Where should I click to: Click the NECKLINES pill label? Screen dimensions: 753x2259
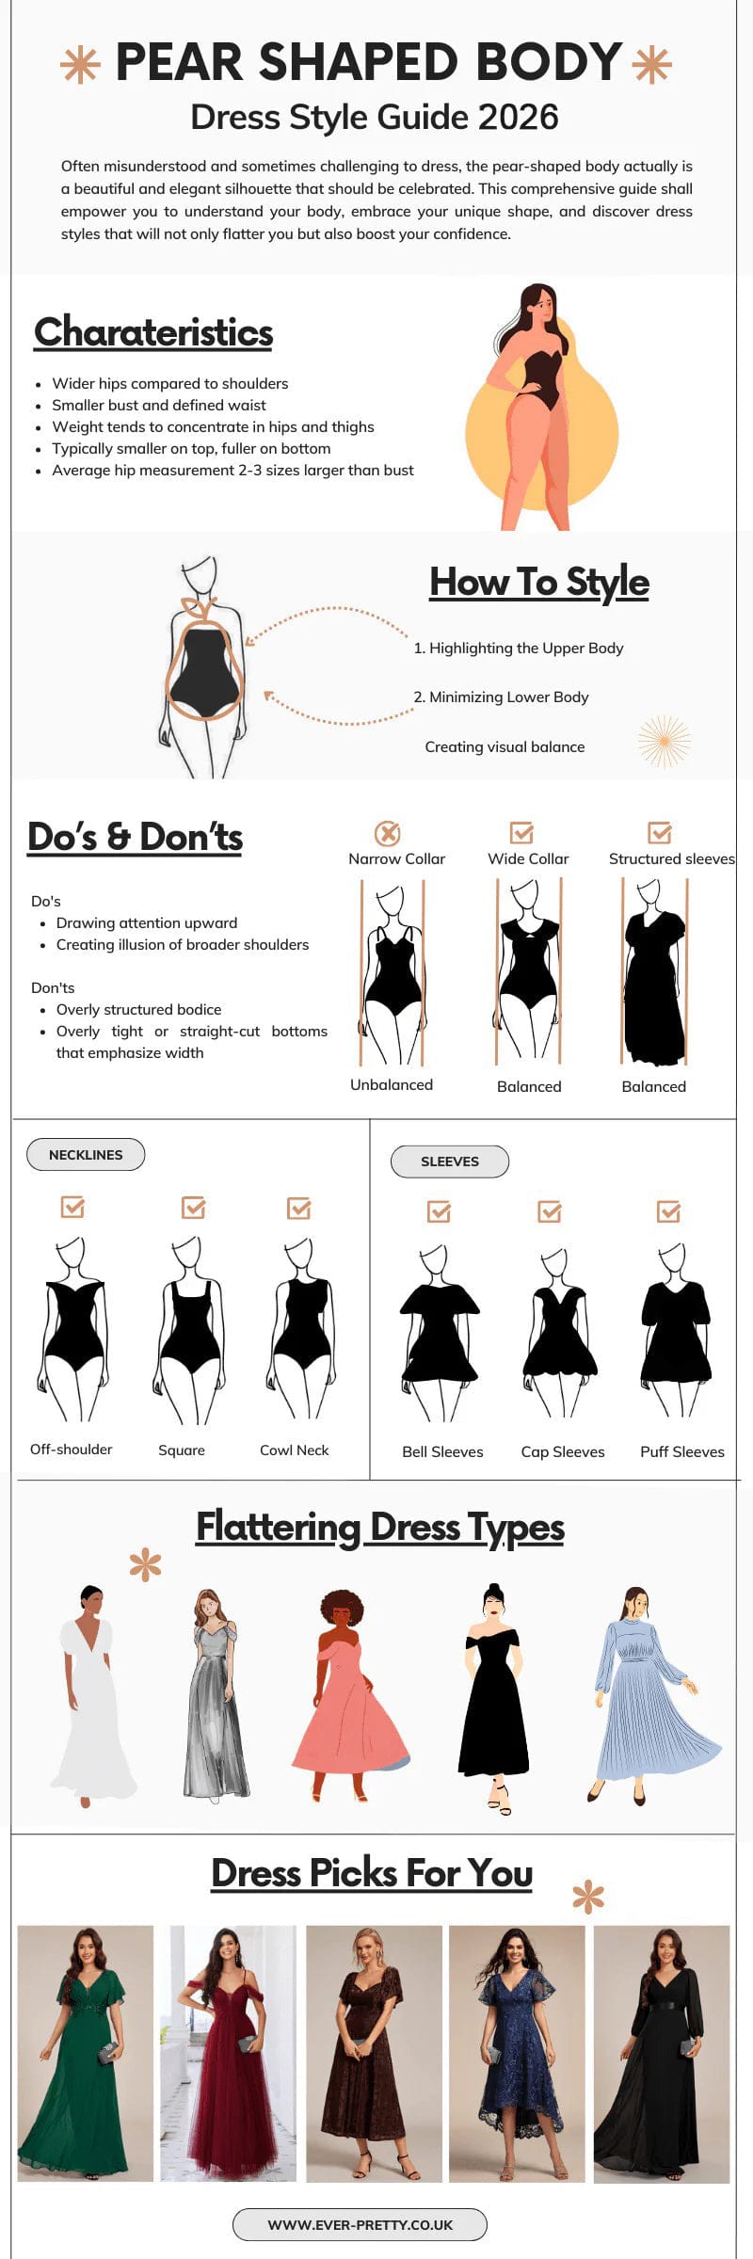point(86,1154)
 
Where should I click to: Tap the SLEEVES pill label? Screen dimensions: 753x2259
point(450,1161)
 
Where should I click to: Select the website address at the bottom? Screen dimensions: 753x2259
point(360,2224)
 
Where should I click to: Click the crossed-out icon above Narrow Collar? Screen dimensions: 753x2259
point(388,833)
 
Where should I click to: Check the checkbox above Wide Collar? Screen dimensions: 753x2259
point(521,832)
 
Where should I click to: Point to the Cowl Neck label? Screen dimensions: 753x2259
point(295,1450)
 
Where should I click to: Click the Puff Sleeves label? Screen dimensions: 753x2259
point(682,1451)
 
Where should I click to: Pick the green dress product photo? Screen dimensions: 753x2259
point(86,2053)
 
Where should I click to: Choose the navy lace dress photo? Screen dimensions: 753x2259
point(517,2053)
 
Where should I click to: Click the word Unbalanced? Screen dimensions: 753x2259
point(392,1084)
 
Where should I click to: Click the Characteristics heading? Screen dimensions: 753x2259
point(153,332)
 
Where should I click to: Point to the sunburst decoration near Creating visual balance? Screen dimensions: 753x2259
point(665,741)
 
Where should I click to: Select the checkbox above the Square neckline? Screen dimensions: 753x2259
point(193,1207)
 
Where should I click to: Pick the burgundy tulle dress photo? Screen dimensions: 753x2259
point(229,2053)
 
